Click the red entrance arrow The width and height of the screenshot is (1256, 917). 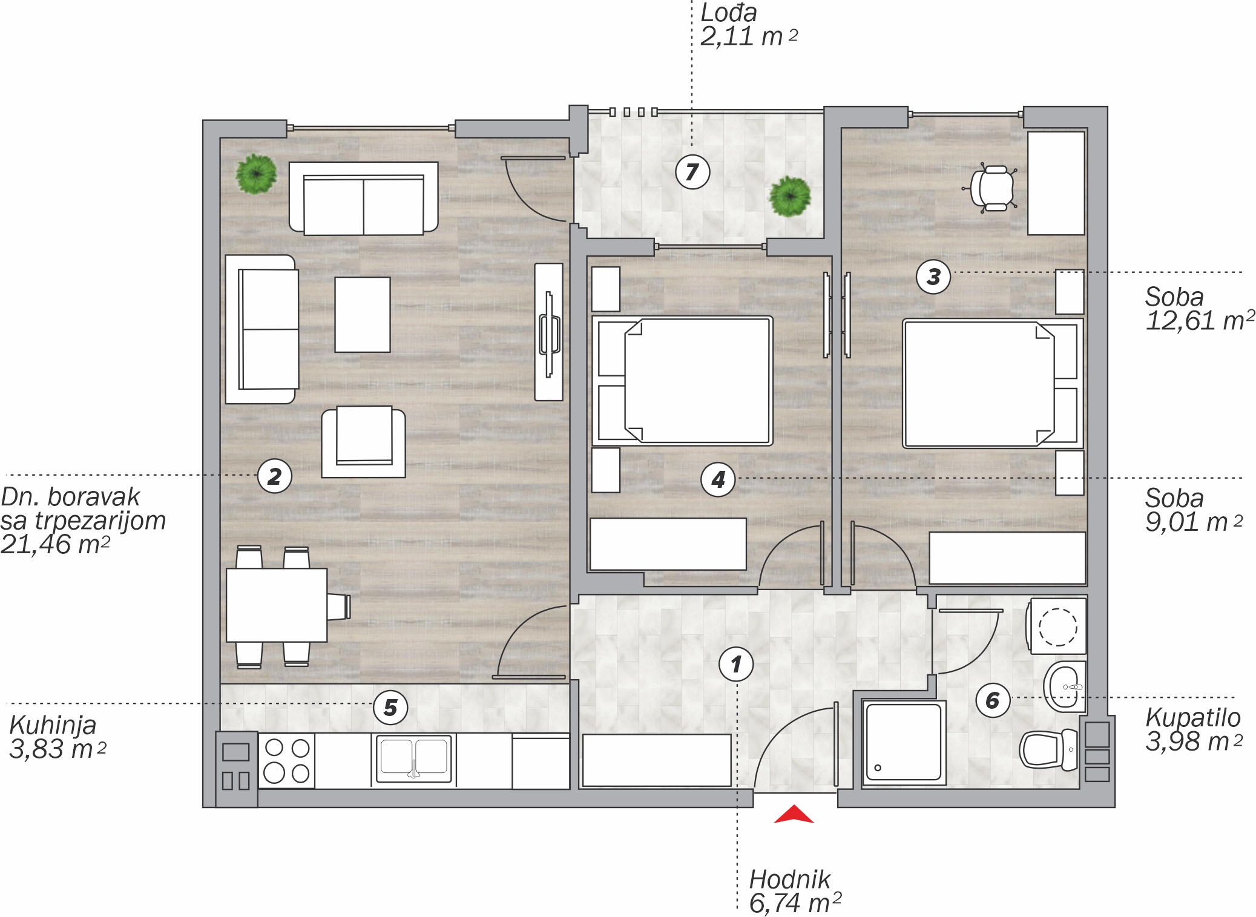[794, 815]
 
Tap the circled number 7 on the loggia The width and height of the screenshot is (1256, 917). [692, 172]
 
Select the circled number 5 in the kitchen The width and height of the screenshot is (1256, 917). [390, 707]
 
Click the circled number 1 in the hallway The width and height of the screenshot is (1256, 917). [736, 664]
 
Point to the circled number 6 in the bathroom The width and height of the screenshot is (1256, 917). [993, 700]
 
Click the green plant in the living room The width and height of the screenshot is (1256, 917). [257, 174]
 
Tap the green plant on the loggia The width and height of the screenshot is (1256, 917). [790, 196]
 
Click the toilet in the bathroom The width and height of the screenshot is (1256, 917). [1049, 749]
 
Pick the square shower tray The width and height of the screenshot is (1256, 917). [904, 743]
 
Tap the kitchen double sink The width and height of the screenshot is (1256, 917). [414, 758]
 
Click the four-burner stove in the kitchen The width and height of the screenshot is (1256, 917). [287, 760]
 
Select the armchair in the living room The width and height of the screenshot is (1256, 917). [363, 442]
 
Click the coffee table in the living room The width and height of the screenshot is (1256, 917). [363, 315]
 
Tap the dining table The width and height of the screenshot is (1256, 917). [277, 605]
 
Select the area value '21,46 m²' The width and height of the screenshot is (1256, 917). [55, 544]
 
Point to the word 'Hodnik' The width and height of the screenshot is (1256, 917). [790, 879]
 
